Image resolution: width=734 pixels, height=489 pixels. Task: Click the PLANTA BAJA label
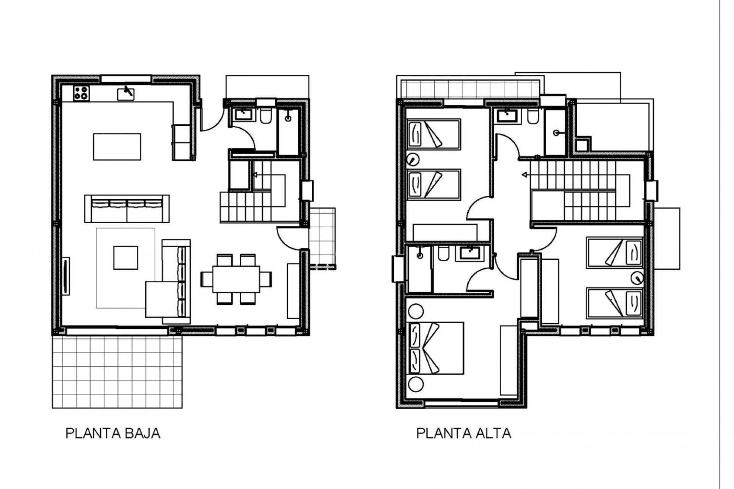[x=113, y=433]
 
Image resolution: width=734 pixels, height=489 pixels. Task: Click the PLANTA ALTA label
[x=463, y=433]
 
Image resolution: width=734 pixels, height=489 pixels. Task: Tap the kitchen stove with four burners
[x=81, y=93]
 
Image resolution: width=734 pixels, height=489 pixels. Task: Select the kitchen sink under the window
[x=126, y=93]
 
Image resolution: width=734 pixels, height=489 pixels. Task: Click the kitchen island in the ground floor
[x=117, y=147]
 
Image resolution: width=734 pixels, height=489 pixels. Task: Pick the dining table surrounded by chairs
[x=236, y=279]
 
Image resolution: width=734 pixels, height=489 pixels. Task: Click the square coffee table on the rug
[x=125, y=257]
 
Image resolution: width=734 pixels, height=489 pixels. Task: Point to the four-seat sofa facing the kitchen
[x=127, y=209]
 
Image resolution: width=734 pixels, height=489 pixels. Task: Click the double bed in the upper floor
[x=436, y=348]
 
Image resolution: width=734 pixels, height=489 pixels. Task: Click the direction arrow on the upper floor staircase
[x=525, y=175]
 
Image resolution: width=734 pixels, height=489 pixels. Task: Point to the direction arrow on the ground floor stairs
[x=255, y=175]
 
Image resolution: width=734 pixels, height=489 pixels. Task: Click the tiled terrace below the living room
[x=117, y=372]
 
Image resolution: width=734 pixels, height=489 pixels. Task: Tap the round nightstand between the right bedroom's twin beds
[x=637, y=278]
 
